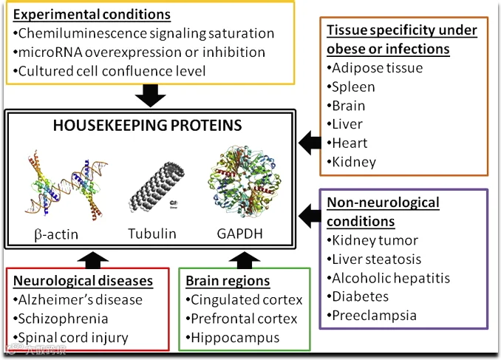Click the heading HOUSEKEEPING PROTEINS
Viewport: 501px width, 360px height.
148,126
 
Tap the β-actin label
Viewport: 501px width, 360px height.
56,235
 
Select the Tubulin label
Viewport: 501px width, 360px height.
151,234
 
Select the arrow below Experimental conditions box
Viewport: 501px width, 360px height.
151,95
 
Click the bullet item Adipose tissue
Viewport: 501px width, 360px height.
377,68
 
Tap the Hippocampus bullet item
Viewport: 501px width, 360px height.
235,338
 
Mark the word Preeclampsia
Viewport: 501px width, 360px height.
375,316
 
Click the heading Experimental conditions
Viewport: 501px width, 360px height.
92,15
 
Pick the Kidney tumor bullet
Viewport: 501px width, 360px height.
375,240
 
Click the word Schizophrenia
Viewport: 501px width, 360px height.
65,319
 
